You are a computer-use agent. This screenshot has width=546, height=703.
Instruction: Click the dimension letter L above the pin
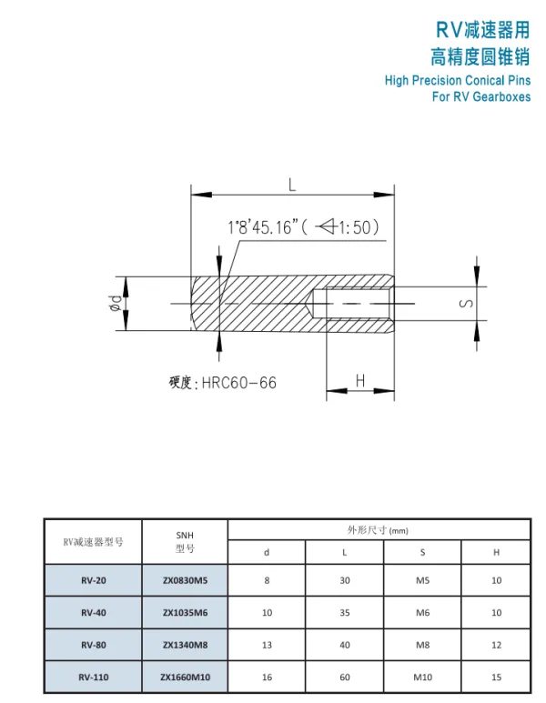click(292, 184)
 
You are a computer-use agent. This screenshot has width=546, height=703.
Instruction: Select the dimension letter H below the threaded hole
click(359, 381)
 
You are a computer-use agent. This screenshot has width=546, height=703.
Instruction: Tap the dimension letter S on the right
click(467, 304)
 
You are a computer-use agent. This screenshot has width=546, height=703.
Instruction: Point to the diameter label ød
click(116, 304)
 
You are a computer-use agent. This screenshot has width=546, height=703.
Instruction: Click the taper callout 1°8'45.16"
click(263, 227)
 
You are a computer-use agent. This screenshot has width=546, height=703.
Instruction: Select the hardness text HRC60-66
click(238, 383)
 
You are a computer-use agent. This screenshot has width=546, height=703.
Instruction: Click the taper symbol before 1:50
click(326, 226)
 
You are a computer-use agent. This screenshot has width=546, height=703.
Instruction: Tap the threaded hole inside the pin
click(352, 304)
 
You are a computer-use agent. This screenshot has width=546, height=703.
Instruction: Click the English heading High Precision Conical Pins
click(458, 81)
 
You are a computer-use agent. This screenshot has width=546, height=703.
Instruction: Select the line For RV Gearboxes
click(481, 96)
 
